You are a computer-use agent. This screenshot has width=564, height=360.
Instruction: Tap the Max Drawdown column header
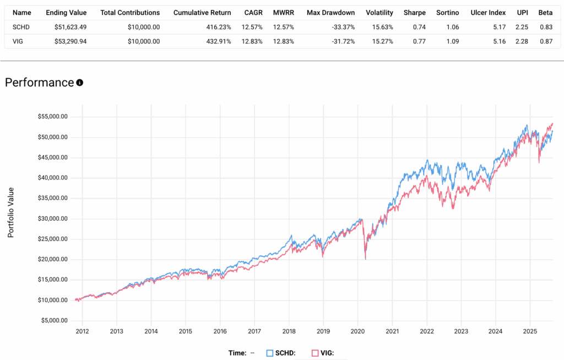point(330,12)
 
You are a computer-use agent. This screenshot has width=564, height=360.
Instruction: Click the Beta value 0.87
point(545,41)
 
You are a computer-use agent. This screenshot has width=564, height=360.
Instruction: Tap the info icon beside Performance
point(80,83)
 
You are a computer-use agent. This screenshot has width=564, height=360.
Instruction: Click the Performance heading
point(39,83)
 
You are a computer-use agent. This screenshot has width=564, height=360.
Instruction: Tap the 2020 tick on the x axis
point(358,331)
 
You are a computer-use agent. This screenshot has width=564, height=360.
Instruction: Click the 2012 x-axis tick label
point(82,331)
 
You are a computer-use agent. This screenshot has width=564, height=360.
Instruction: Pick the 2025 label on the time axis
point(530,331)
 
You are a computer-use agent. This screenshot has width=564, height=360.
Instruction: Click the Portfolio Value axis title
point(11,212)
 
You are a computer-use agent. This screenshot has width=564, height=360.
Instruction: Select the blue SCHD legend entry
point(281,353)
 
